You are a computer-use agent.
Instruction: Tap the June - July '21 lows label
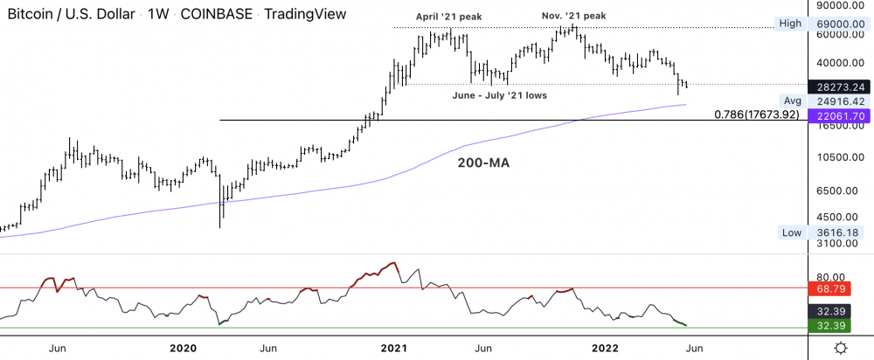499,94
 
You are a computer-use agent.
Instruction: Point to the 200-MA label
483,163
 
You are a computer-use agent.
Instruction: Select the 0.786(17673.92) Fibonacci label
757,114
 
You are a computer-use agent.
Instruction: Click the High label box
790,24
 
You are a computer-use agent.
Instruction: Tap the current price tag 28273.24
838,87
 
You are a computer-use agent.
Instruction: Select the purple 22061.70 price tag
838,115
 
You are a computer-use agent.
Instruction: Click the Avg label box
793,100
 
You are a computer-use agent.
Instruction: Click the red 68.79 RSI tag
838,287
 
